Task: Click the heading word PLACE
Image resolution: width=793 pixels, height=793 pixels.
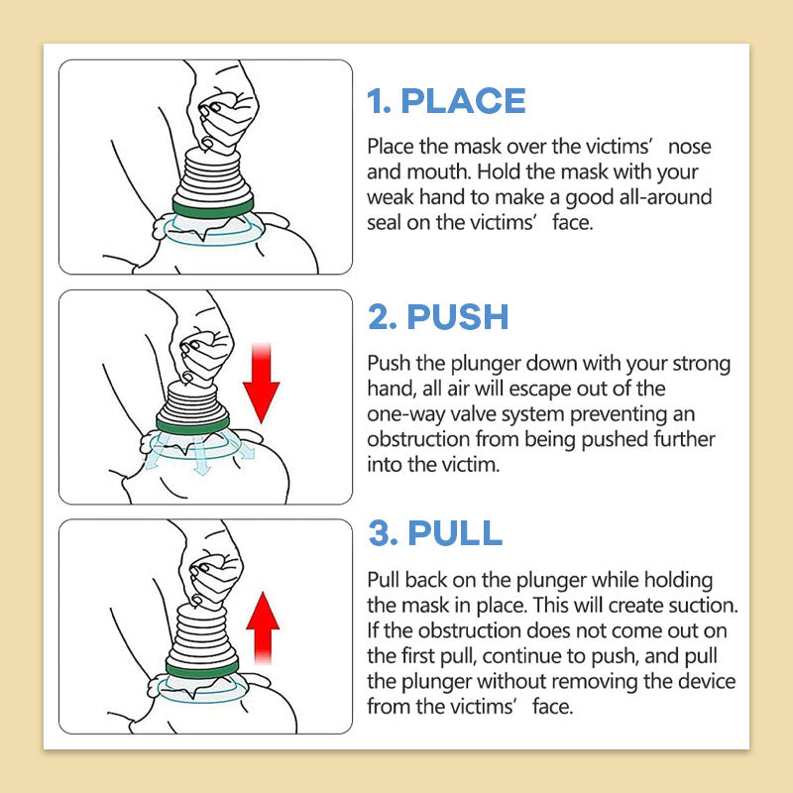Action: point(463,101)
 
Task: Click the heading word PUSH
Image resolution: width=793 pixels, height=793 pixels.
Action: point(458,317)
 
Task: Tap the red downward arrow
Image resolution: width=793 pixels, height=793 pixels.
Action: point(261,383)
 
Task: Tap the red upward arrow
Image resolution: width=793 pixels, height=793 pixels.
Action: point(263,627)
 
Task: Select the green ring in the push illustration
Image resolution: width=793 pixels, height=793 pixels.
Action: point(192,424)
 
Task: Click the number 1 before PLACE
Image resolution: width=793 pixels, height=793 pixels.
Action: point(378,101)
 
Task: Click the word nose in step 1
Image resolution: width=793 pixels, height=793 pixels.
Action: point(689,147)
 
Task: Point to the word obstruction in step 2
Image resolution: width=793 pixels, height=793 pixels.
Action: point(418,439)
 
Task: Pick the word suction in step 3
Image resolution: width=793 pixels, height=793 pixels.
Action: point(706,606)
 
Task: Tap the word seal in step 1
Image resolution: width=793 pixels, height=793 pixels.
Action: point(385,222)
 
